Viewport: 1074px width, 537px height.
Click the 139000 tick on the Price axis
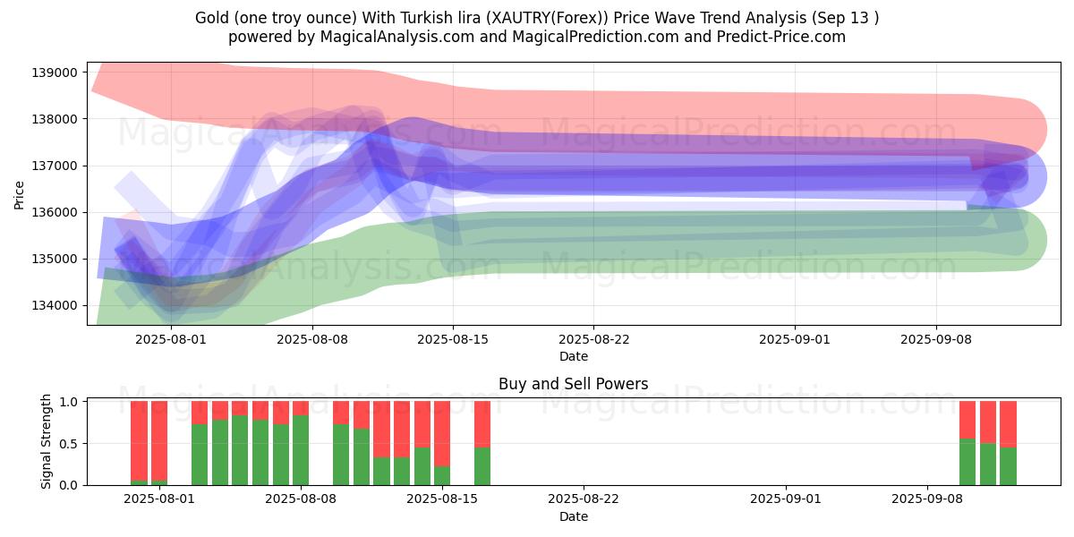tap(55, 72)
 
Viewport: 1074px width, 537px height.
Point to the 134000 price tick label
tap(55, 305)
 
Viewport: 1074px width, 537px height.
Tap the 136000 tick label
tap(55, 212)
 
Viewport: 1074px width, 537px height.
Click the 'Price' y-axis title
tap(19, 195)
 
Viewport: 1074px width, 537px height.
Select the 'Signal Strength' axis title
tap(46, 441)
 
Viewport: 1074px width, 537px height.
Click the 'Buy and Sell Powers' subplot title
tap(574, 384)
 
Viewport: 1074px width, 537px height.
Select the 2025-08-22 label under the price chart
tap(593, 339)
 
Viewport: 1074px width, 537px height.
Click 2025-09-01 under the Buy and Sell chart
tap(786, 499)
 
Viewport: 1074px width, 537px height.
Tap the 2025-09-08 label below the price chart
tap(936, 339)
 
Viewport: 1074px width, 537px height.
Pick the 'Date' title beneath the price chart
tap(574, 356)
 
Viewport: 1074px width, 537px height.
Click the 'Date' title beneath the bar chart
tap(574, 516)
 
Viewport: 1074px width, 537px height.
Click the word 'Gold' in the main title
tap(210, 18)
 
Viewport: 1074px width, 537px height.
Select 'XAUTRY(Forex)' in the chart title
tap(548, 18)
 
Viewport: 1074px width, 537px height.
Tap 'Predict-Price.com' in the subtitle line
tap(781, 37)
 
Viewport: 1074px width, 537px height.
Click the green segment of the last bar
tap(1009, 466)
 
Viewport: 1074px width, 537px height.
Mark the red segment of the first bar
tap(139, 440)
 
